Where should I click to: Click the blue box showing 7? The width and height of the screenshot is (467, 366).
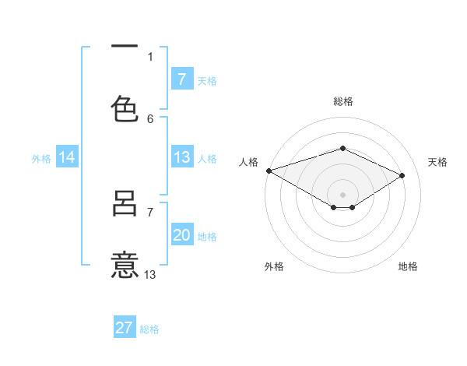coord(181,79)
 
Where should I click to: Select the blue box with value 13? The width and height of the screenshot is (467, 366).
coord(181,157)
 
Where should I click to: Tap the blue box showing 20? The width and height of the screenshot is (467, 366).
coord(181,236)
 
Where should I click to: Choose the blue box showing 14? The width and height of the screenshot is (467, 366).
coord(67,157)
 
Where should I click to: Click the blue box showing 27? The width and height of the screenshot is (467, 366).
coord(125,328)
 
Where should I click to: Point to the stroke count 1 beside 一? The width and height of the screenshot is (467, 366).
coord(150,56)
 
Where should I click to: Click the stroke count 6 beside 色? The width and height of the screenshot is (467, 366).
coord(150,118)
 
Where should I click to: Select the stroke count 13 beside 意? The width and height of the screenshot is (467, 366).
coord(150,274)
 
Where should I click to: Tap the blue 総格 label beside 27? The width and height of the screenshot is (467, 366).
coord(149,329)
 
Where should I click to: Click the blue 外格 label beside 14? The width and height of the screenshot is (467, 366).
coord(40,159)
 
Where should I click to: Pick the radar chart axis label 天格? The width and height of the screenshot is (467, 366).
coord(437,162)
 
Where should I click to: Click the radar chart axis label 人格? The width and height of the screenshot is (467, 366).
coord(248,162)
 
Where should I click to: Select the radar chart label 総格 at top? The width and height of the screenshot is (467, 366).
coord(342,101)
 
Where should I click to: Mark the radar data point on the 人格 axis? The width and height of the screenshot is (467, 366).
coord(269,171)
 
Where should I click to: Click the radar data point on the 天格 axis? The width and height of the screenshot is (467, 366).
coord(402,176)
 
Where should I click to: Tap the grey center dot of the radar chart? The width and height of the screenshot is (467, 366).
coord(342,194)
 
